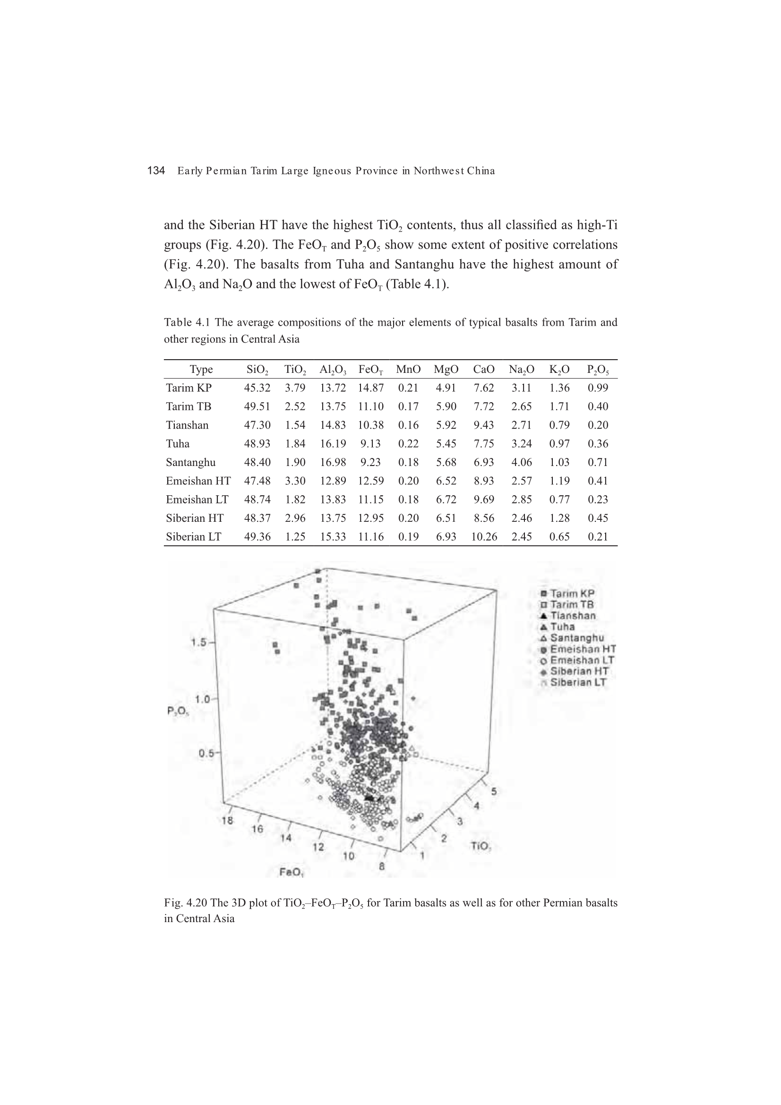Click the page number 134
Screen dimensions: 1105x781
156,171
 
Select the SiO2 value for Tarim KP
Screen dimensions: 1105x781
257,388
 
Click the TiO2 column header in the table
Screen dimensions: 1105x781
295,370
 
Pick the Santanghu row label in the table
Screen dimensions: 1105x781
190,463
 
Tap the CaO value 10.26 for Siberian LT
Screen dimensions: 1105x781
484,537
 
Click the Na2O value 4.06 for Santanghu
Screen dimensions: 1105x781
521,463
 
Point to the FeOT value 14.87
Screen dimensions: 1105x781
370,388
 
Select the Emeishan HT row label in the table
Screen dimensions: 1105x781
198,481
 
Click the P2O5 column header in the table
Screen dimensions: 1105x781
598,370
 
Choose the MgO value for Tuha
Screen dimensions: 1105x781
446,444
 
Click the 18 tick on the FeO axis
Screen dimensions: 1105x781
228,820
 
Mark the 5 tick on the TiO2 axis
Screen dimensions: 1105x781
494,791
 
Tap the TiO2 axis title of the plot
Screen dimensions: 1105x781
481,846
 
